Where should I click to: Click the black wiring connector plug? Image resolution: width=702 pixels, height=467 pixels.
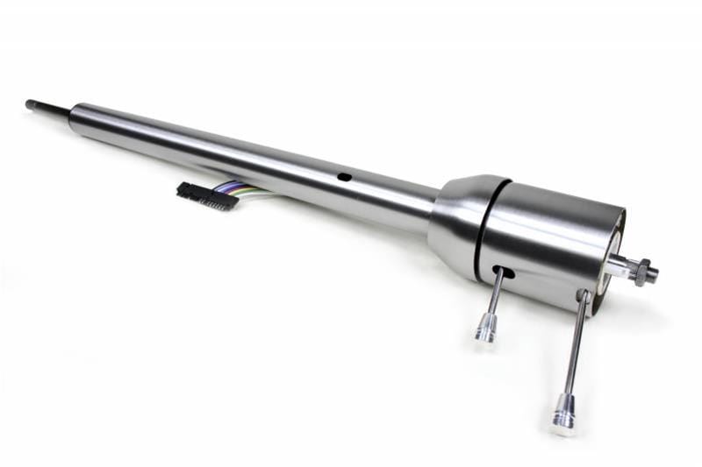(x=206, y=195)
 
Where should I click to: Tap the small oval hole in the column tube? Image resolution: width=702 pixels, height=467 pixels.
(x=345, y=177)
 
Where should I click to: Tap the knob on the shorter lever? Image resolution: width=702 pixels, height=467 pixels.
(x=485, y=328)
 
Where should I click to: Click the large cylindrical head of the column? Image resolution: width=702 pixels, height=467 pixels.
(x=548, y=241)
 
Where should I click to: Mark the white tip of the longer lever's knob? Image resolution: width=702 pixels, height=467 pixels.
(x=562, y=427)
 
